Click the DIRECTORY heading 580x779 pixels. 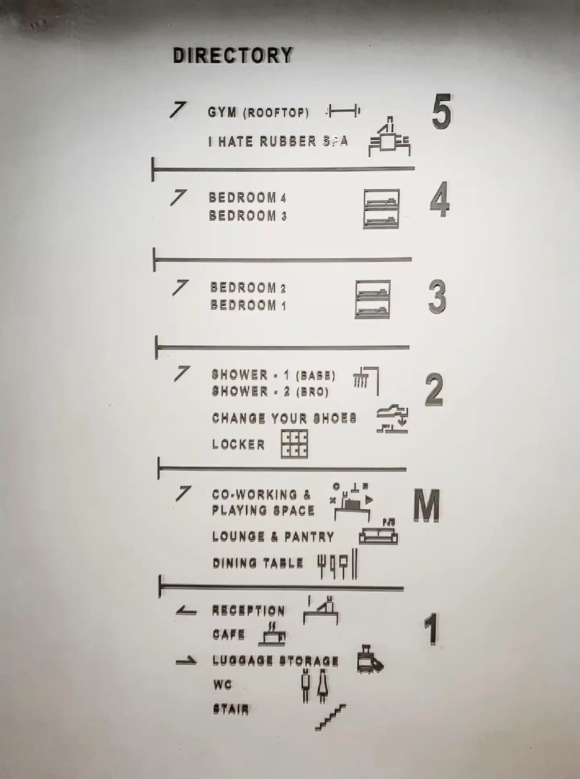[233, 56]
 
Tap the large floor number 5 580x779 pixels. [441, 111]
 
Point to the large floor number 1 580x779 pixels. [431, 629]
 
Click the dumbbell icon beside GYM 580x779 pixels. [343, 110]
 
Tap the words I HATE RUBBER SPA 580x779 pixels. [278, 141]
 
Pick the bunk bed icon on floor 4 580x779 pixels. [381, 209]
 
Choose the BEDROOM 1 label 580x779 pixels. [248, 305]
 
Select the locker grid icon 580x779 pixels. [294, 444]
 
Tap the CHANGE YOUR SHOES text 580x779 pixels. [284, 418]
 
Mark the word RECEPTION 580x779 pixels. [249, 611]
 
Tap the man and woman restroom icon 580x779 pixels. [315, 685]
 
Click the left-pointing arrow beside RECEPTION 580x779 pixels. [186, 612]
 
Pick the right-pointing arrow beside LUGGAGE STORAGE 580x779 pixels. [186, 661]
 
